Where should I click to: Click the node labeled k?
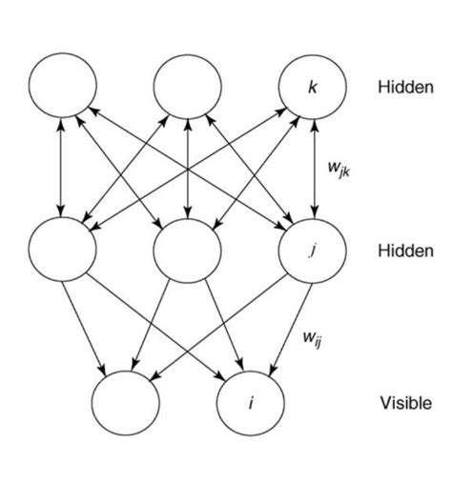[x=313, y=89]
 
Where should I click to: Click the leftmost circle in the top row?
[x=63, y=89]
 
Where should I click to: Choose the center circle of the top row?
[x=188, y=89]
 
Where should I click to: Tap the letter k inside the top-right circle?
[x=313, y=89]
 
